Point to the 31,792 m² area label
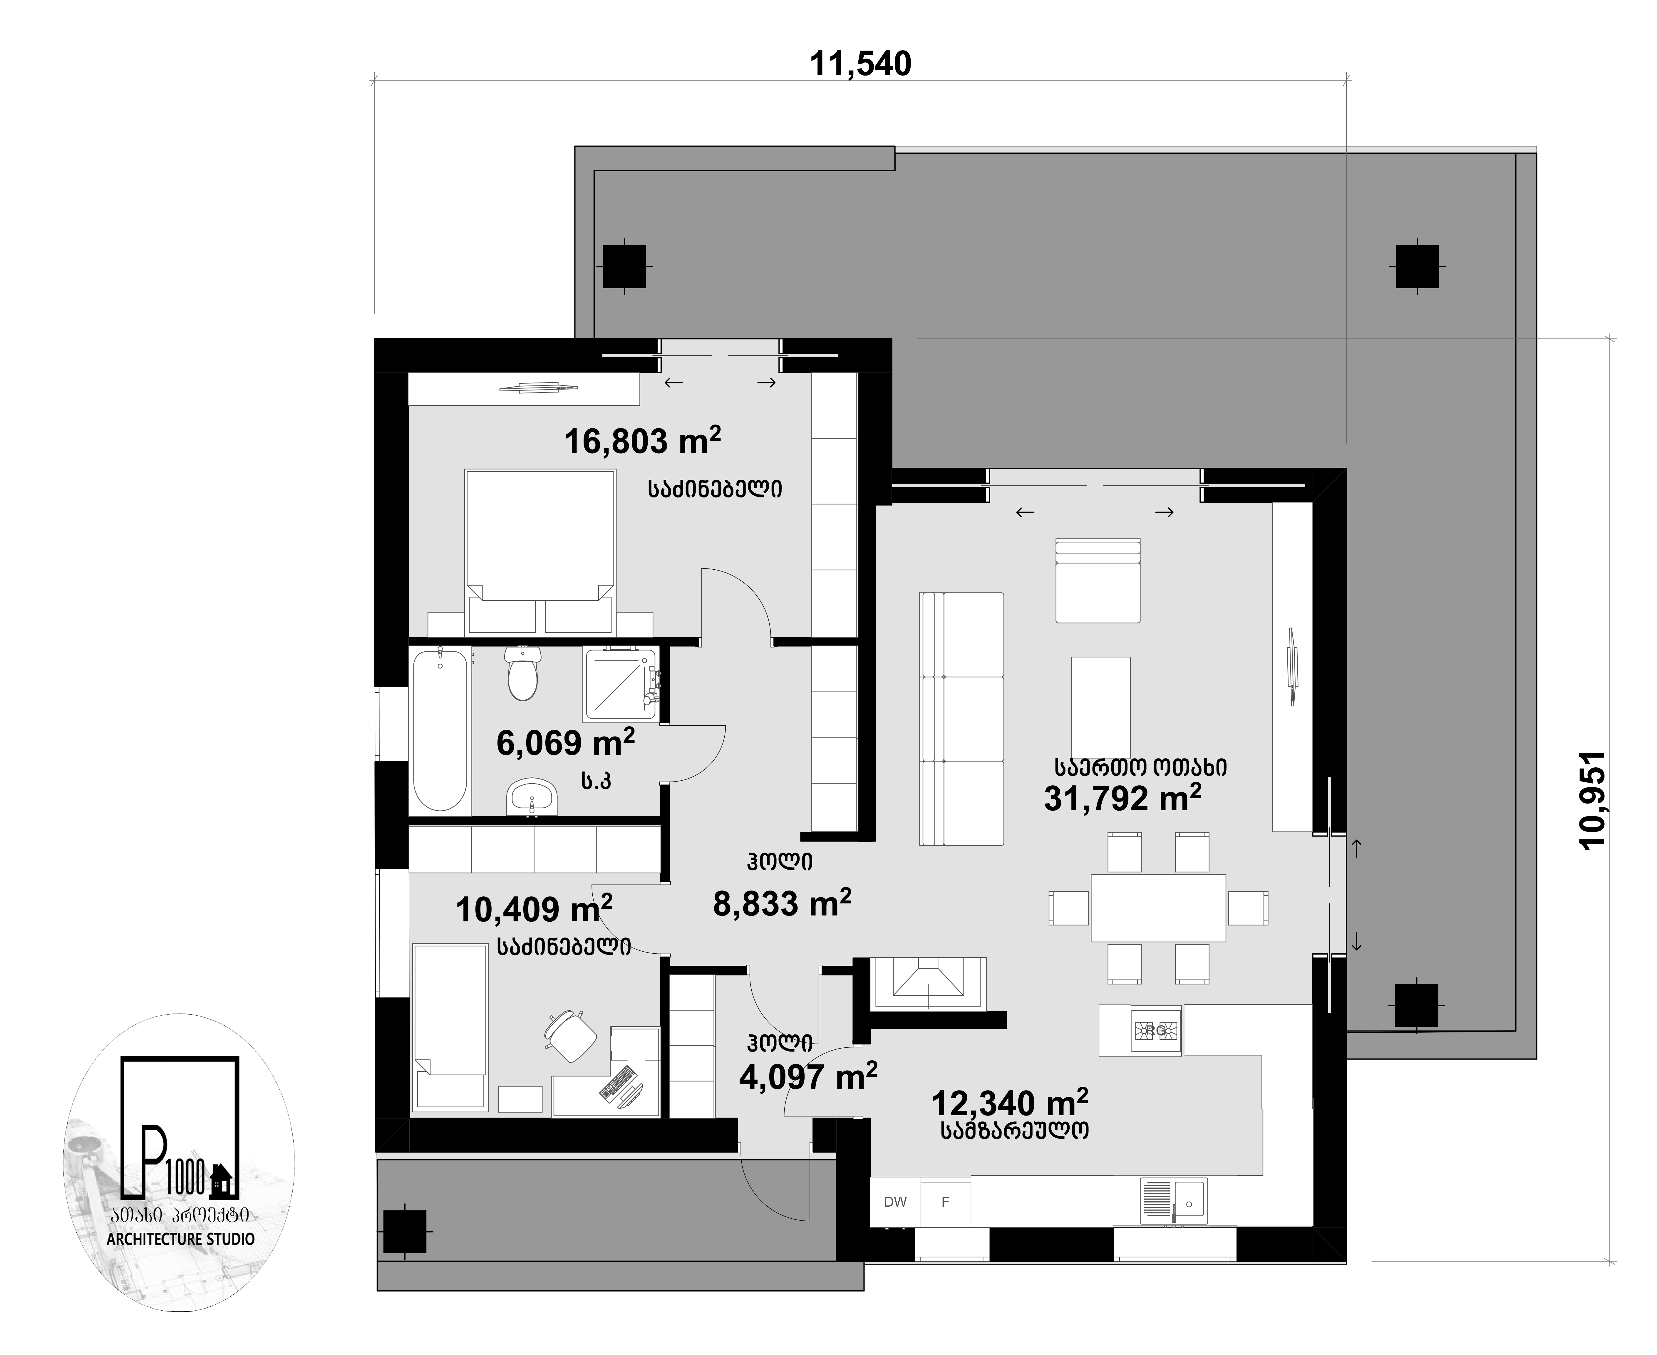(x=1122, y=797)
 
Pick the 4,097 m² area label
(x=808, y=1076)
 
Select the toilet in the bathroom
(x=522, y=673)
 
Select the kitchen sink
(x=1173, y=1201)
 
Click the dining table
(x=1158, y=908)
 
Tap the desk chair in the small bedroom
(x=570, y=1035)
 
